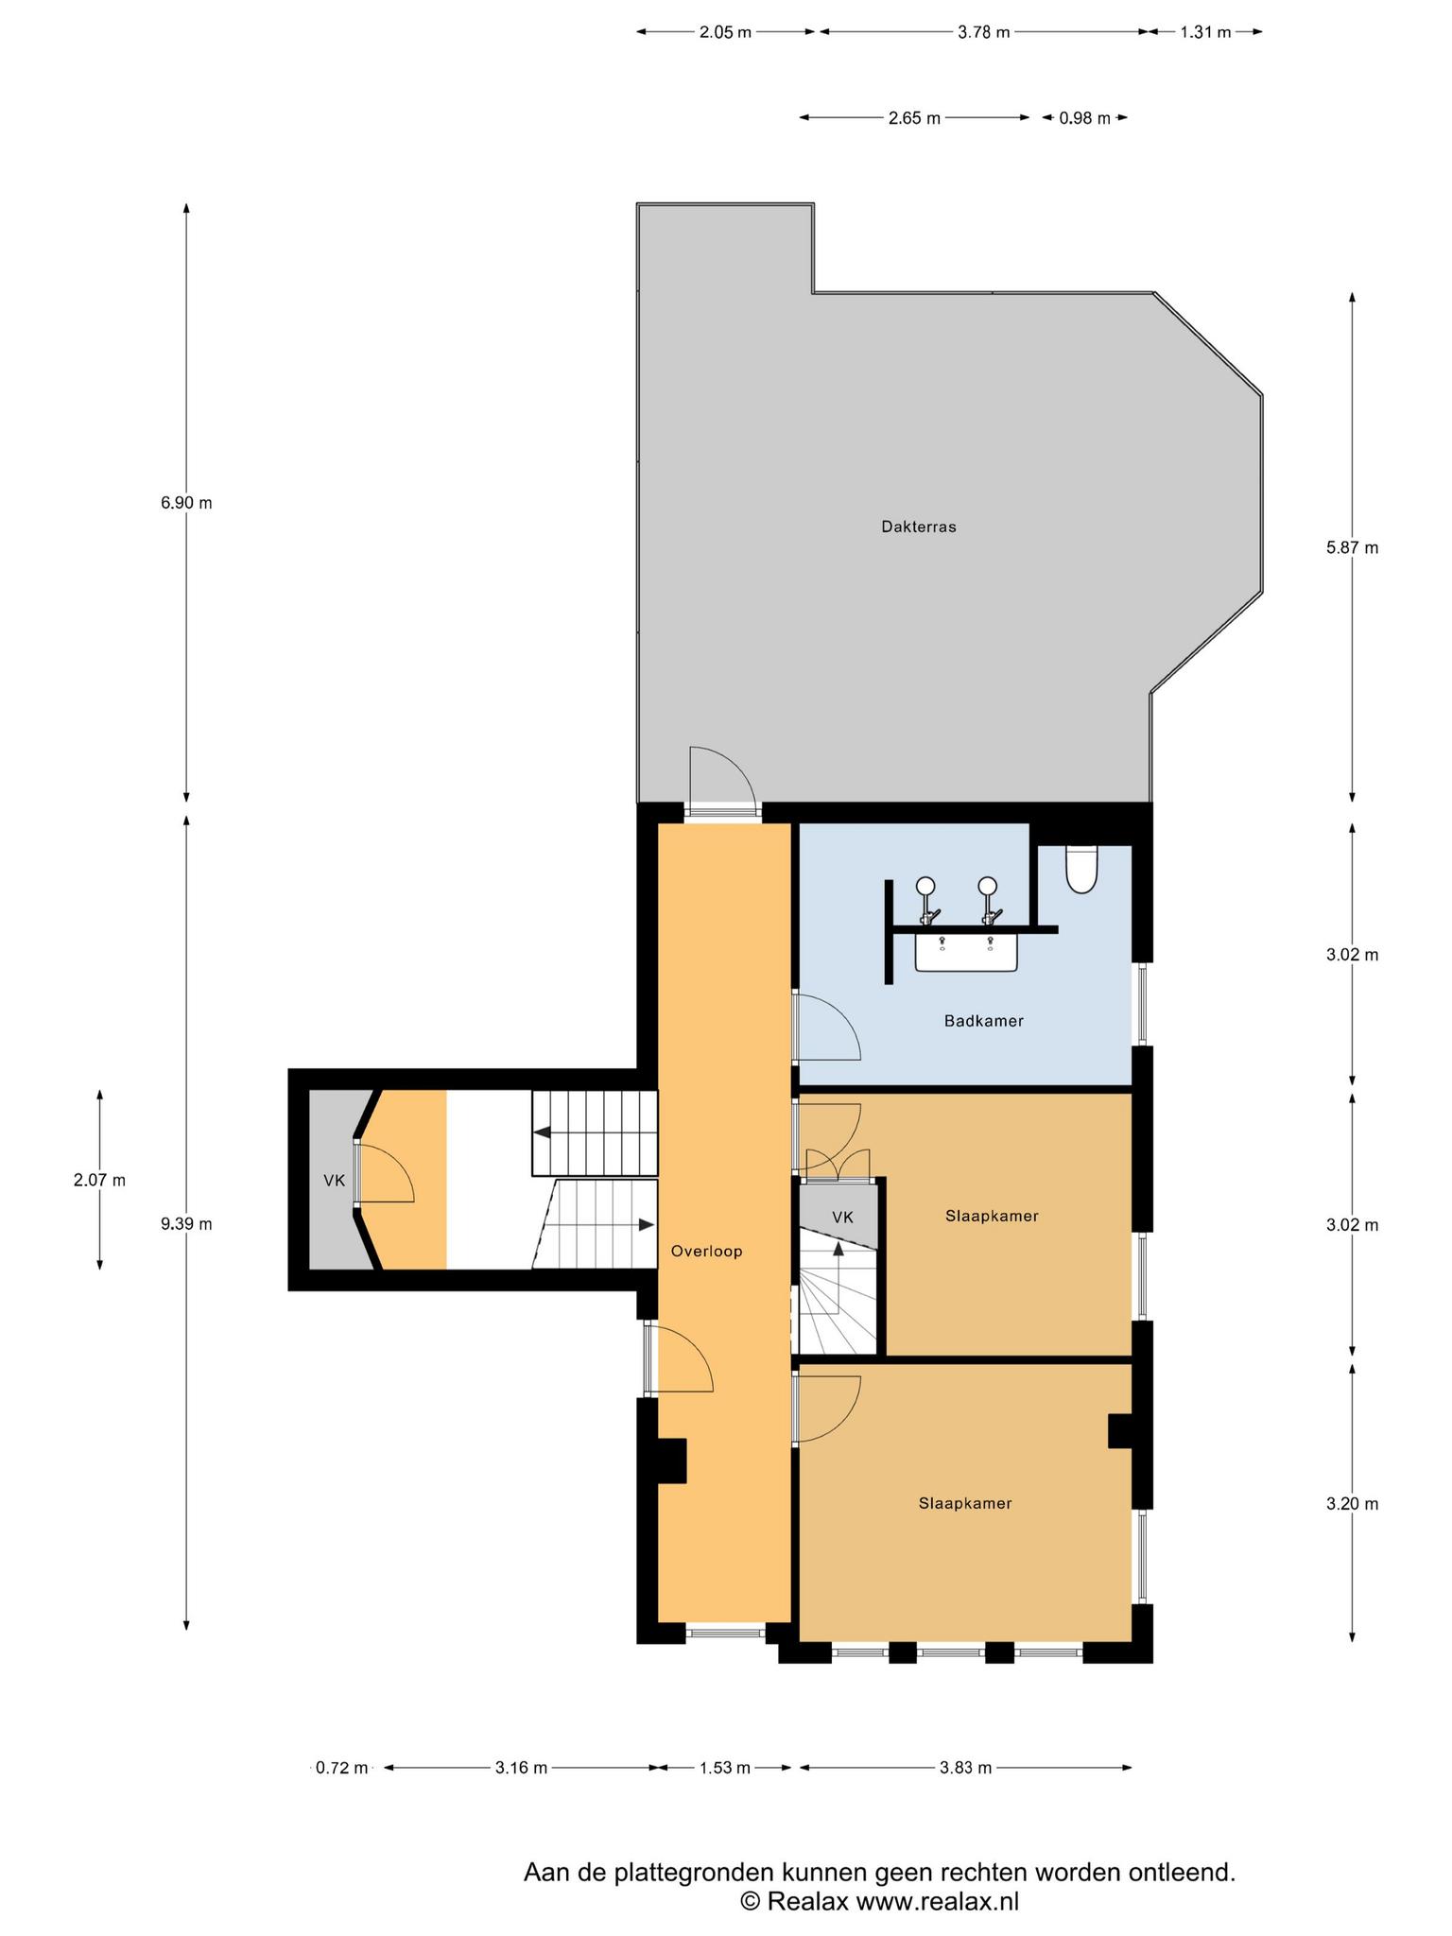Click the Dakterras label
tap(919, 527)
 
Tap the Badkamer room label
tap(984, 1021)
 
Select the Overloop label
tap(707, 1252)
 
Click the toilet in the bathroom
tap(1081, 869)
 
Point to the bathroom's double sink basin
tap(966, 952)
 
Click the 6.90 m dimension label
tap(186, 503)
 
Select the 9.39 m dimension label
tap(186, 1224)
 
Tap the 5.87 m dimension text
tap(1353, 547)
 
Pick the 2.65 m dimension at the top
tap(914, 118)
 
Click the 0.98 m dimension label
tap(1084, 118)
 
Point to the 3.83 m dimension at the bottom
tap(965, 1768)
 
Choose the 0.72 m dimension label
tap(341, 1768)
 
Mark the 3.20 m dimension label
tap(1353, 1504)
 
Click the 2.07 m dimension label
tap(99, 1181)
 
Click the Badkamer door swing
tap(826, 1028)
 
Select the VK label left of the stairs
tap(334, 1181)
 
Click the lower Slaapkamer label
tap(965, 1503)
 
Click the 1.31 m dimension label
tap(1205, 32)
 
